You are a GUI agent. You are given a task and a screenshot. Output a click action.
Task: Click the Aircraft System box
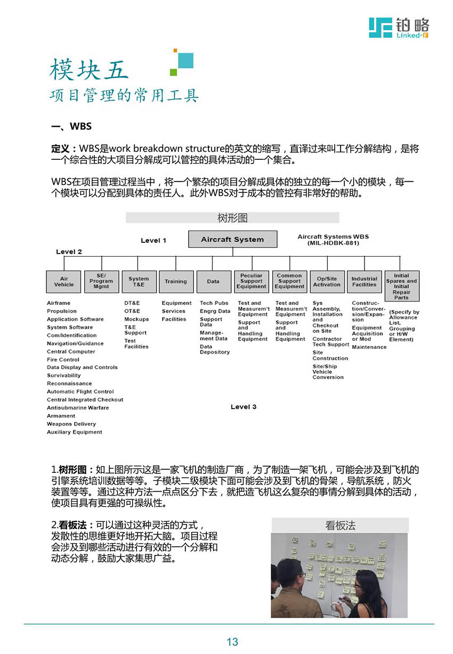click(232, 239)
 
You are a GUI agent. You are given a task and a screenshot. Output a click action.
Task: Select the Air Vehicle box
click(64, 281)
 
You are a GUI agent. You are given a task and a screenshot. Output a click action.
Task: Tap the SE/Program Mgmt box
click(101, 281)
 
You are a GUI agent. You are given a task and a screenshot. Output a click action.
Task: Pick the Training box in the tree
click(176, 281)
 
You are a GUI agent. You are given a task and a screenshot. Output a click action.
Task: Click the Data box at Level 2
click(213, 281)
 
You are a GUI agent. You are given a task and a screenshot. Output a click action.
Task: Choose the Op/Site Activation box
click(327, 281)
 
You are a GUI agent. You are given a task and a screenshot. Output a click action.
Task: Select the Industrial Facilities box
click(365, 281)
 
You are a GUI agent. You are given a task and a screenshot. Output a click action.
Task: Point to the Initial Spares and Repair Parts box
click(401, 287)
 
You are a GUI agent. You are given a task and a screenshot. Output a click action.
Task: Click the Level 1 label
click(153, 241)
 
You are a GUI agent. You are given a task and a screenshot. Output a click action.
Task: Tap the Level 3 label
click(244, 407)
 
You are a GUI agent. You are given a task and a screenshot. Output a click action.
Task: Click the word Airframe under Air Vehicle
click(59, 303)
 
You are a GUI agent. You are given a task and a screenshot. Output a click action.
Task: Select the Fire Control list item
click(63, 359)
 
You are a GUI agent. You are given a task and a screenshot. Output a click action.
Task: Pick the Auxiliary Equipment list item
click(75, 432)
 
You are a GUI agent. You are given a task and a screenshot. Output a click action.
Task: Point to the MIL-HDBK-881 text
click(333, 243)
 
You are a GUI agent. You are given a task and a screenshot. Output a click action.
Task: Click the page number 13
click(232, 642)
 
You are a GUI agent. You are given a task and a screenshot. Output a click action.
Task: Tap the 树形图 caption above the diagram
click(232, 218)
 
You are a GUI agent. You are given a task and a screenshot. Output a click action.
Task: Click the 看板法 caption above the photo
click(340, 525)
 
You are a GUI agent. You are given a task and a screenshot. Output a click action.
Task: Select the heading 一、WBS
click(71, 126)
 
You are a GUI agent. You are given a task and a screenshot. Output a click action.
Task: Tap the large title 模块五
click(89, 70)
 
